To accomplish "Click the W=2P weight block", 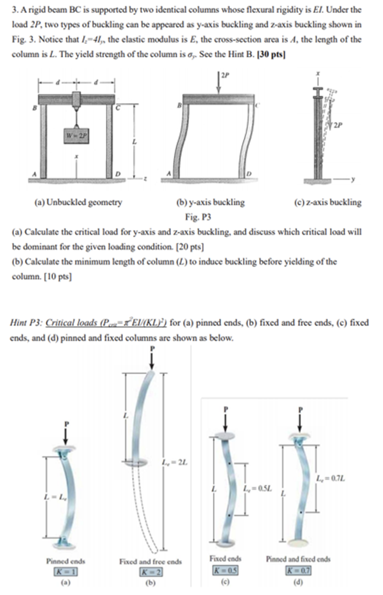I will tap(76, 137).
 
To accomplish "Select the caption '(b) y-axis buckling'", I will tap(211, 203).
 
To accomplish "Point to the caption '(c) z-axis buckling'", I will tap(329, 203).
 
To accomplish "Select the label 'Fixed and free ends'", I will tap(151, 561).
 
